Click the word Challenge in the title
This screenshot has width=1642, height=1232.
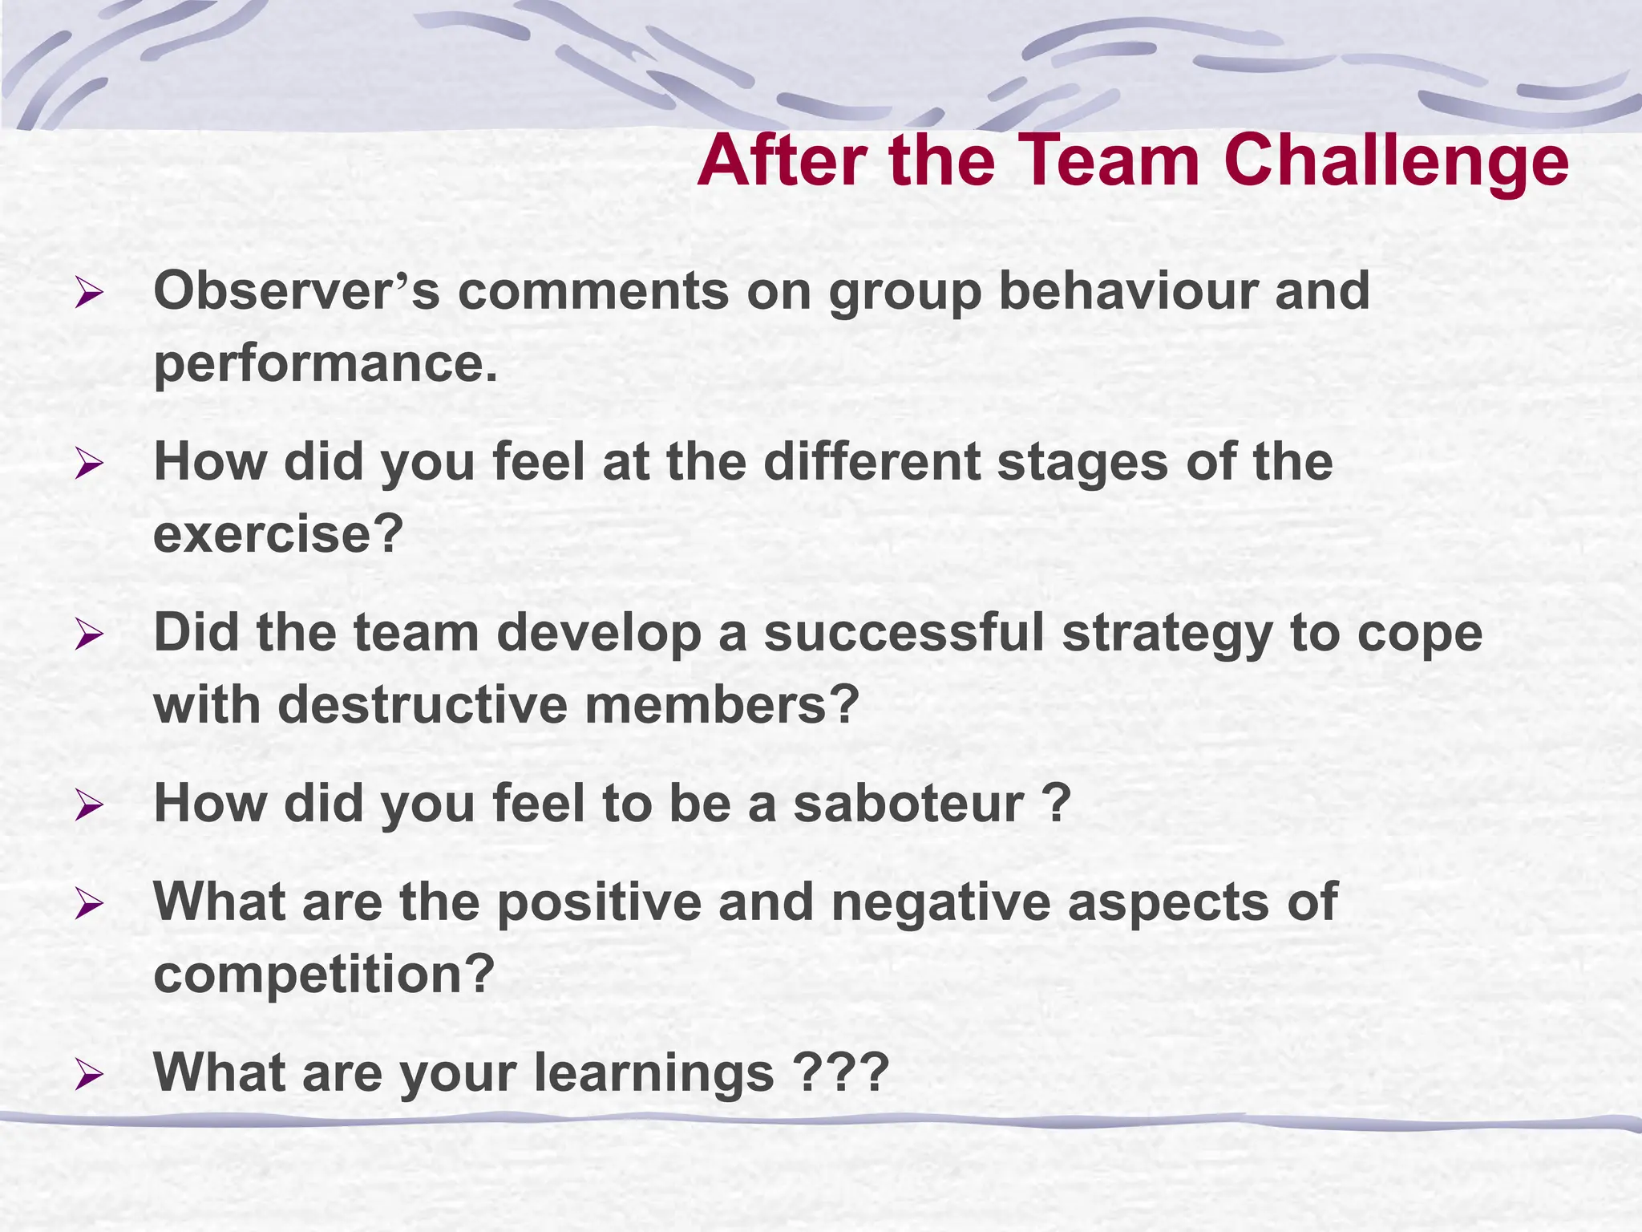(x=1396, y=162)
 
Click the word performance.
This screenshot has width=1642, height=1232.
(x=325, y=363)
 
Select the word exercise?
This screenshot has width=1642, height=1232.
(x=277, y=534)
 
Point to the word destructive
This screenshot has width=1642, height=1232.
(x=422, y=705)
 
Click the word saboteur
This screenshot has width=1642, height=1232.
(x=908, y=803)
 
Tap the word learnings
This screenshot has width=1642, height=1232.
(x=654, y=1072)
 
